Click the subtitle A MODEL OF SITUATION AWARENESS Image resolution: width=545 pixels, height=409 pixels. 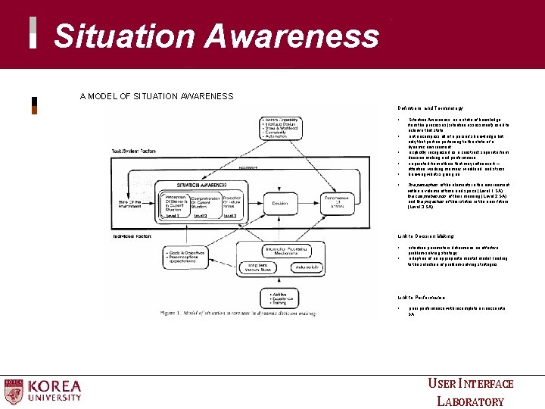(157, 96)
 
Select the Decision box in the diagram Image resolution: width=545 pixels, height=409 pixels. (279, 202)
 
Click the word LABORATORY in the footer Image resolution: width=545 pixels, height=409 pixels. (471, 401)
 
